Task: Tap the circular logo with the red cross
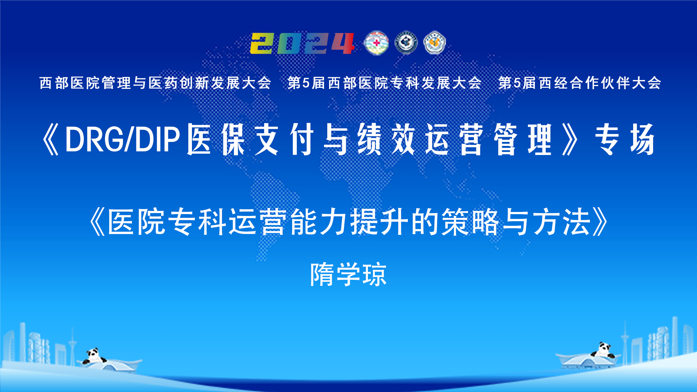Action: pyautogui.click(x=376, y=43)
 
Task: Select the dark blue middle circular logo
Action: pyautogui.click(x=406, y=43)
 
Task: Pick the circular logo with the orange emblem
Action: pyautogui.click(x=435, y=43)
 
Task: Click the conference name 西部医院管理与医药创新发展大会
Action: pyautogui.click(x=155, y=83)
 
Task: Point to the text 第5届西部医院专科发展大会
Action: pyautogui.click(x=384, y=83)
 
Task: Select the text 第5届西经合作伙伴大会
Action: pyautogui.click(x=579, y=83)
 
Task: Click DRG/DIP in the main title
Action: pyautogui.click(x=123, y=139)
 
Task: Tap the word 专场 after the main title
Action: pyautogui.click(x=625, y=140)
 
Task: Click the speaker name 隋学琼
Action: pyautogui.click(x=348, y=274)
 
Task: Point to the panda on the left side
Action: pyautogui.click(x=94, y=356)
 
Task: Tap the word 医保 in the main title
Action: pyautogui.click(x=216, y=140)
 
